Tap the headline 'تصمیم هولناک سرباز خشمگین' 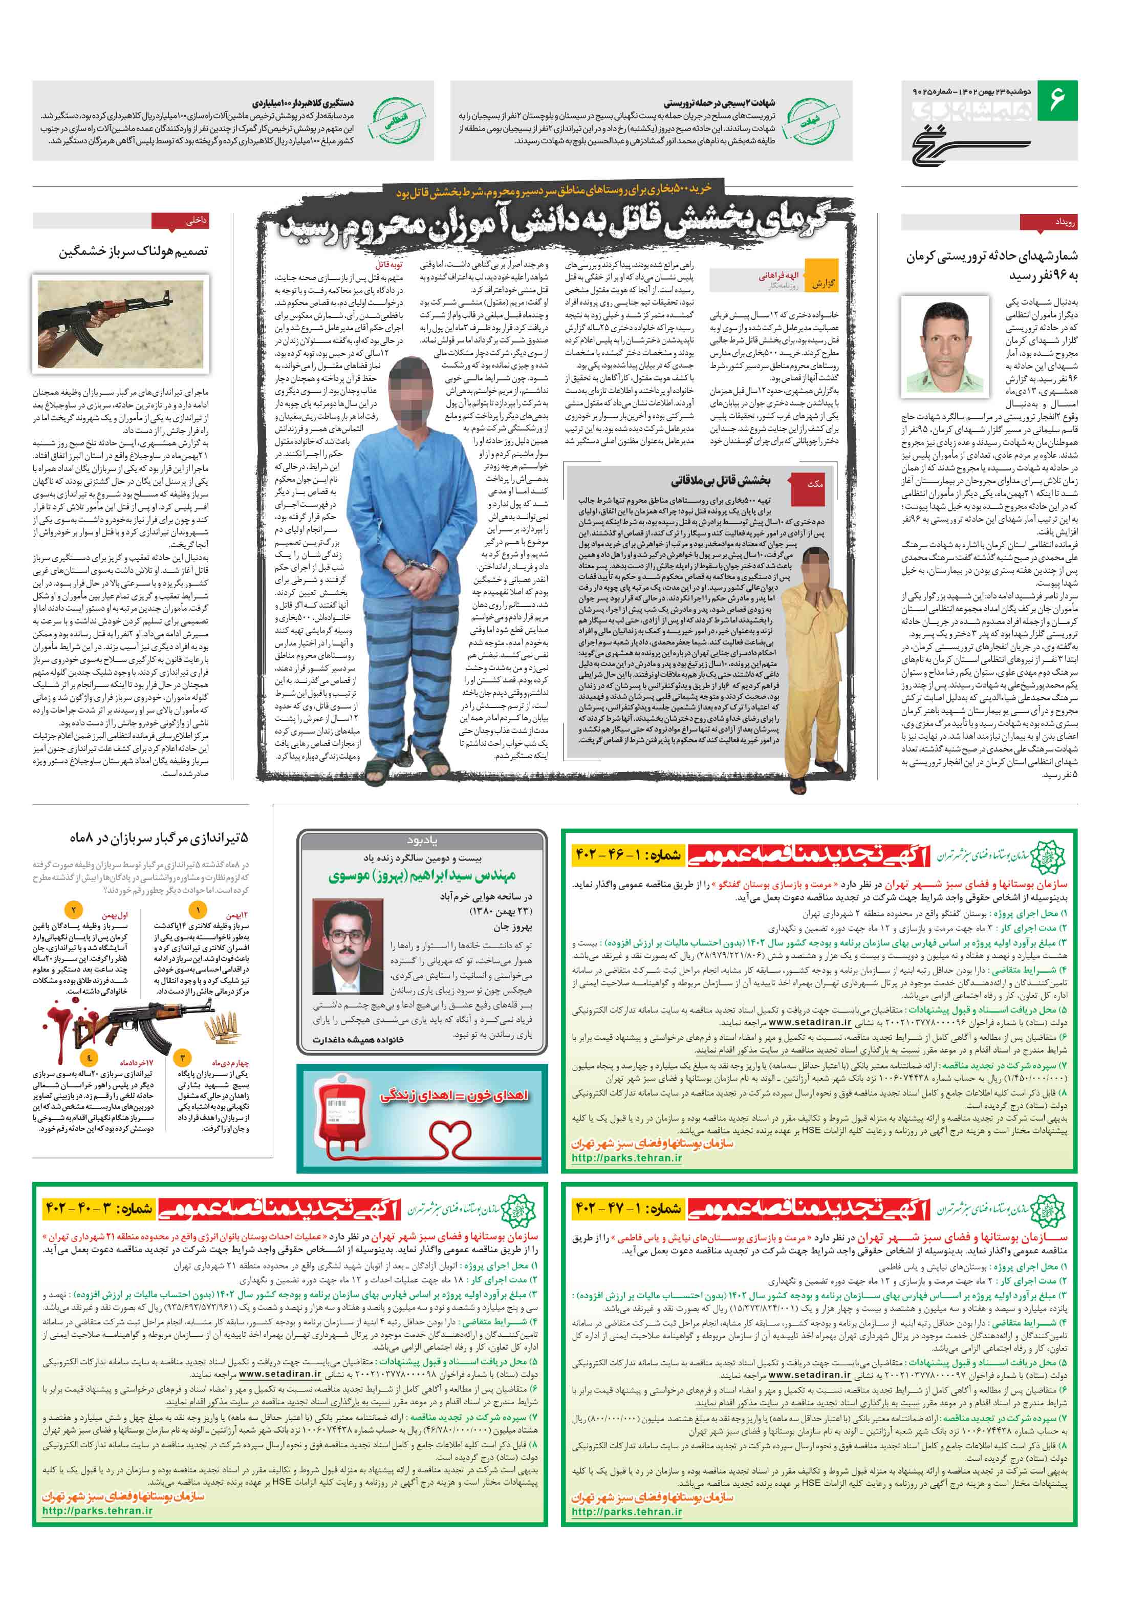[x=133, y=251]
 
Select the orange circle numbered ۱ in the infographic [x=198, y=910]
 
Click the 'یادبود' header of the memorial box [x=422, y=840]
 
